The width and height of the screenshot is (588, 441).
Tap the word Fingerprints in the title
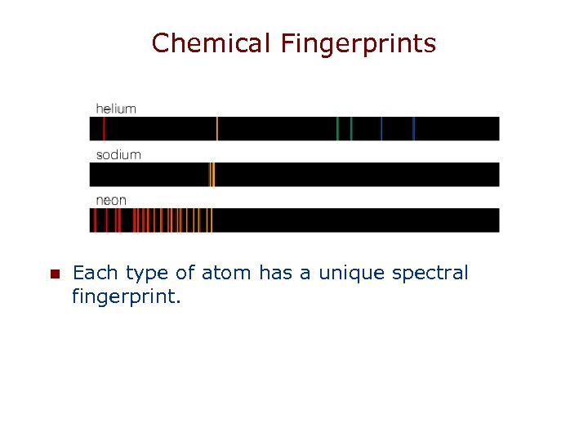click(x=359, y=44)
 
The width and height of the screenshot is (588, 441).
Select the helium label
click(x=116, y=108)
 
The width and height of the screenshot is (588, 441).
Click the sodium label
click(x=118, y=154)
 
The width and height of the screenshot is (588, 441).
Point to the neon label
click(x=111, y=200)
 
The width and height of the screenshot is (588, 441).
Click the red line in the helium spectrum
click(x=104, y=128)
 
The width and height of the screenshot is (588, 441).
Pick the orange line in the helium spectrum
click(x=217, y=128)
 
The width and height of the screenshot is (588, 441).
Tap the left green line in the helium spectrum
click(x=337, y=128)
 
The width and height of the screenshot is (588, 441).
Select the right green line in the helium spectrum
click(x=351, y=128)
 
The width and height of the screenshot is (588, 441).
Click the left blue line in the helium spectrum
click(x=381, y=128)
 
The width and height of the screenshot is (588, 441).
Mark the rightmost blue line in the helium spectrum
click(x=414, y=128)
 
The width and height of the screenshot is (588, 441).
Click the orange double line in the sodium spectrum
click(x=212, y=174)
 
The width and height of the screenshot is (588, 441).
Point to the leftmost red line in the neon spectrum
click(x=96, y=220)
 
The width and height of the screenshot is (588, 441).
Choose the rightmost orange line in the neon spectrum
click(x=211, y=220)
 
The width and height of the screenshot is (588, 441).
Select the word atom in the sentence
click(x=234, y=273)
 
